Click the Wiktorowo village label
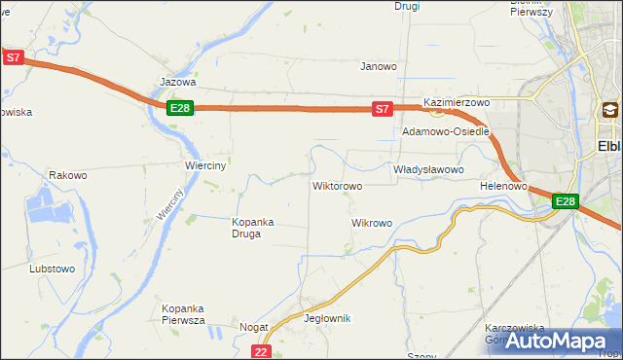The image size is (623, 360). [x=337, y=186]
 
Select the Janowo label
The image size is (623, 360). [x=379, y=67]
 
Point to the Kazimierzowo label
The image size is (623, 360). [x=456, y=102]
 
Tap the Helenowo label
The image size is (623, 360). [x=503, y=186]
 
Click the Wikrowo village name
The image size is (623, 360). [x=371, y=224]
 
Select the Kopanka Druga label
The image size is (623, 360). [x=252, y=228]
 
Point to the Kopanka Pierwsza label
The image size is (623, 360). [x=182, y=313]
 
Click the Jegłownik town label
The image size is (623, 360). [x=327, y=319]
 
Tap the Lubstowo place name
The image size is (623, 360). [x=53, y=269]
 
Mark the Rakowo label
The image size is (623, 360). [x=68, y=176]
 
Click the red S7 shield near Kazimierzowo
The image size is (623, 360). [x=384, y=109]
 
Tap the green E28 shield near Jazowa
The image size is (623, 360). [x=179, y=108]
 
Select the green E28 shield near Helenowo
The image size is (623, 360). [x=566, y=201]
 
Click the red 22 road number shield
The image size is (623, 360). [x=260, y=351]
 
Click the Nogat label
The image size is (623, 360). [x=254, y=329]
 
